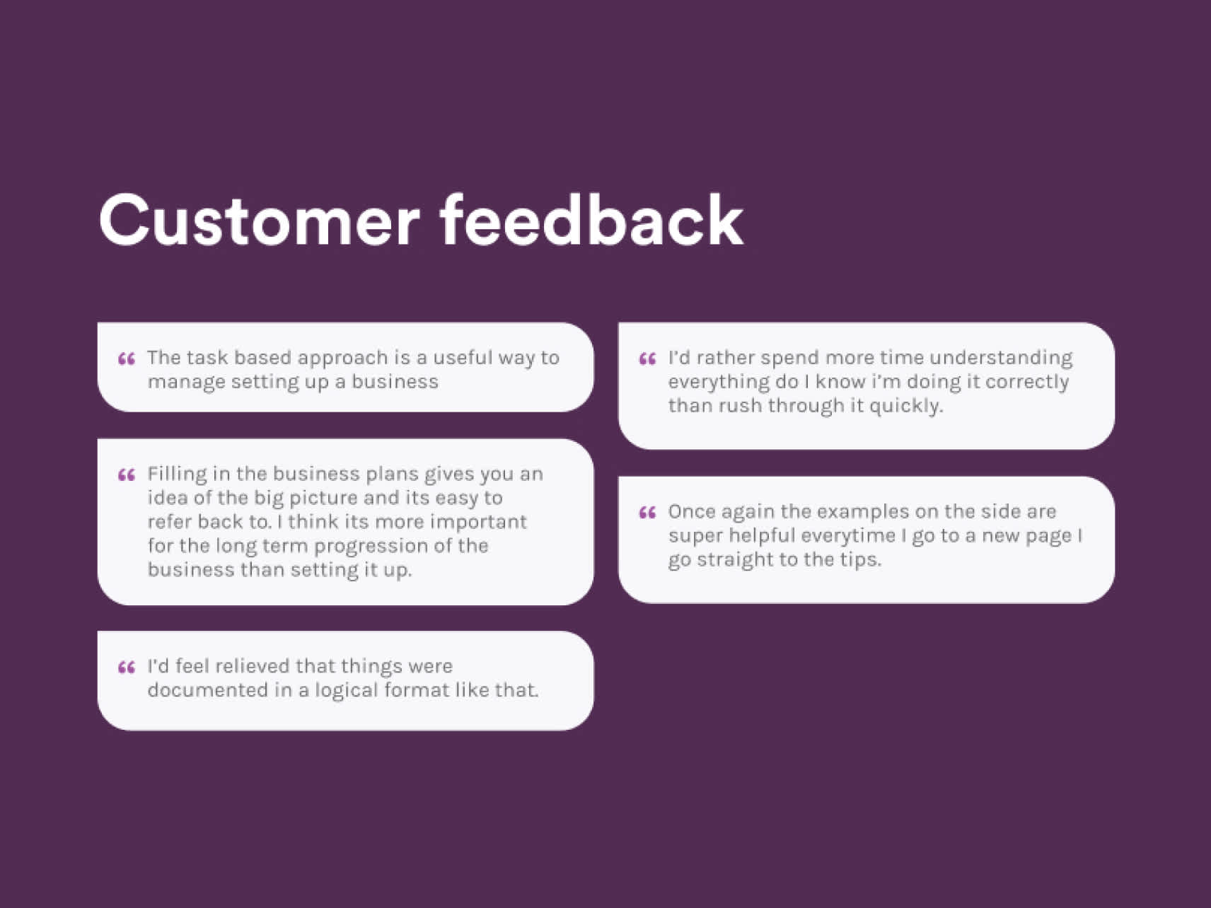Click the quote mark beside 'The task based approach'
coord(127,359)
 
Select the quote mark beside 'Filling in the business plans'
coord(127,475)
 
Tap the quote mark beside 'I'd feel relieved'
coord(127,668)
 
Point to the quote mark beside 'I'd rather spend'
coord(647,359)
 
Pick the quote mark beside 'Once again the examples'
coord(647,513)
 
